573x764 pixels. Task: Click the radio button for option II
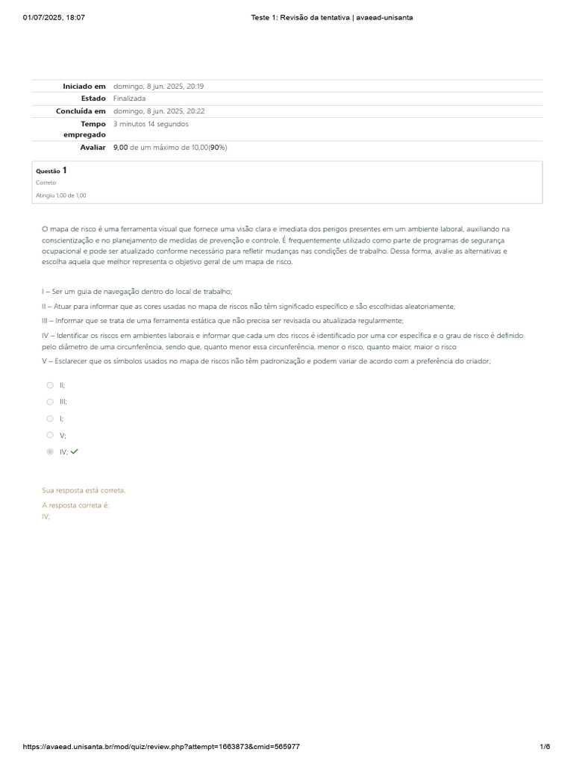click(50, 385)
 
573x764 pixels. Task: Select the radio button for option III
click(50, 401)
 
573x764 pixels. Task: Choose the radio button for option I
click(50, 419)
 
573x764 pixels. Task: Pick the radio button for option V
click(50, 435)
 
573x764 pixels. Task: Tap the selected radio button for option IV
click(50, 451)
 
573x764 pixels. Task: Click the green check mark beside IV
click(75, 451)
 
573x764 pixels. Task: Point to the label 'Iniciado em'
click(84, 87)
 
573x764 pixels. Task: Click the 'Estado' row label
click(93, 98)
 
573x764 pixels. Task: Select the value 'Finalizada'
click(129, 98)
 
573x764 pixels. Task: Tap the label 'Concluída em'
click(81, 111)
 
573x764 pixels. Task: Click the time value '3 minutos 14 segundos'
click(151, 124)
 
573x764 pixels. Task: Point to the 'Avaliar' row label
click(93, 148)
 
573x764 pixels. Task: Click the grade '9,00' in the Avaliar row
click(121, 148)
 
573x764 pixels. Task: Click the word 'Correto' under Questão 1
click(46, 183)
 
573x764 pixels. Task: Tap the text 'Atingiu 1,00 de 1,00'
click(60, 195)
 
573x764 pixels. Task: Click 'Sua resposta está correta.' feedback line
click(84, 490)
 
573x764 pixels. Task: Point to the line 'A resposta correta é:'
click(75, 505)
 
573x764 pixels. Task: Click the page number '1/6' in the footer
click(545, 747)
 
